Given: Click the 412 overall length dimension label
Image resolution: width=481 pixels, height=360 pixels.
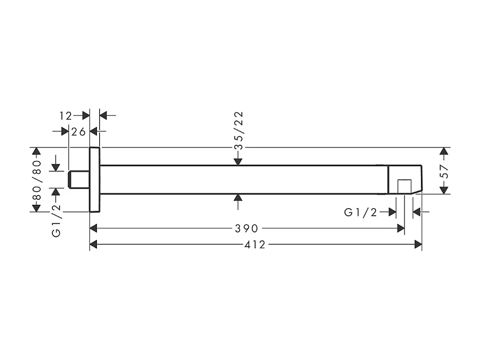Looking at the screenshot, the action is point(255,244).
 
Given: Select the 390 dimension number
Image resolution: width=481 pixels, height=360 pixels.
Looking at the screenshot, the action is point(246,228).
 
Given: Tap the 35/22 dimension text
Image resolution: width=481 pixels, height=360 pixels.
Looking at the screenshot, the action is point(239,131).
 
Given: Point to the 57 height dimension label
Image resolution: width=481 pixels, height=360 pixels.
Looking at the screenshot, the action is point(445,172).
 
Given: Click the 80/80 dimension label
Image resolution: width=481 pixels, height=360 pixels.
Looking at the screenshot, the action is point(37,180).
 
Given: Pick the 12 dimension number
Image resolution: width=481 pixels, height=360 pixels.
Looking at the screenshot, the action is point(66,116).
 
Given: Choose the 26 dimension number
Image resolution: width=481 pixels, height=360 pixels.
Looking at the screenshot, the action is point(79,132).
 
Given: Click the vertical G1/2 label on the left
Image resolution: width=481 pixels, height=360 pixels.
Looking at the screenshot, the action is point(56,220).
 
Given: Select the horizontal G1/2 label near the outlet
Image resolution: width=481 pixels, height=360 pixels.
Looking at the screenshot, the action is point(360,212).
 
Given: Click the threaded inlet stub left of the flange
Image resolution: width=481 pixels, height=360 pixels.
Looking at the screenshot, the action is point(79,179).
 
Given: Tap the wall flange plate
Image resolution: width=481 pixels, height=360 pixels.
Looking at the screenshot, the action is point(94,179).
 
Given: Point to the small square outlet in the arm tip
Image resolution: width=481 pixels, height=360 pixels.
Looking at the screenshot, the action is point(404,187).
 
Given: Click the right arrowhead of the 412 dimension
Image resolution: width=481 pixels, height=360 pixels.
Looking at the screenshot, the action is point(418,244).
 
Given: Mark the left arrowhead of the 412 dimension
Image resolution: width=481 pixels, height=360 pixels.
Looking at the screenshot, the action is point(93,244).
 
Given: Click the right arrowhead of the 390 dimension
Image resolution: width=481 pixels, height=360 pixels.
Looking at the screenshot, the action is point(401,228).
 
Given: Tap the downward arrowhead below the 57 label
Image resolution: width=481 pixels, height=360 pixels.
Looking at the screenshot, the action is point(444,190).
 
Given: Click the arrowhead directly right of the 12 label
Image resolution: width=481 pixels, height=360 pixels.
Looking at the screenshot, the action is point(85,116).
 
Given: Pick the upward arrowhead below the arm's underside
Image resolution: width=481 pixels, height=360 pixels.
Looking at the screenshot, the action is point(238,198).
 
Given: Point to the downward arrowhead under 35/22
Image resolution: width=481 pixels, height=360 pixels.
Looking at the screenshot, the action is point(238,161).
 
